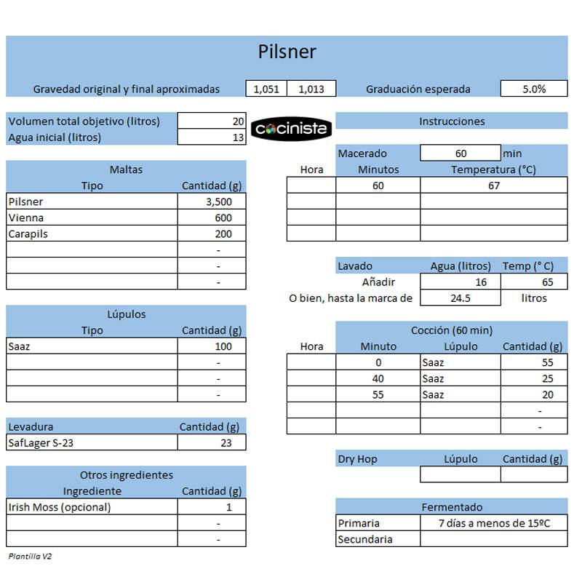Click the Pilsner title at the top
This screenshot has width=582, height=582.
(x=287, y=52)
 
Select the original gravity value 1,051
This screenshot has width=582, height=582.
(x=266, y=89)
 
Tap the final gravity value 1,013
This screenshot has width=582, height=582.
(x=311, y=89)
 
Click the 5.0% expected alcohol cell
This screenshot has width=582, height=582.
(x=534, y=89)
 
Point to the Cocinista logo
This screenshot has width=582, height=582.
(x=291, y=129)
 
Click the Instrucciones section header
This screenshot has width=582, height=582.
(x=452, y=121)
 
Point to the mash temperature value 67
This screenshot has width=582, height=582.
(x=494, y=186)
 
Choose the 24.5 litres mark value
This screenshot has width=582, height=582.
(x=460, y=298)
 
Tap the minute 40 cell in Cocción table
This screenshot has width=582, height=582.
(x=378, y=378)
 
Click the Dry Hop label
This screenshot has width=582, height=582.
(x=358, y=459)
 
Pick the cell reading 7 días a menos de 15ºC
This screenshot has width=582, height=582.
(x=494, y=523)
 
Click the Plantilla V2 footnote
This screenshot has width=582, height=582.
(x=31, y=556)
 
